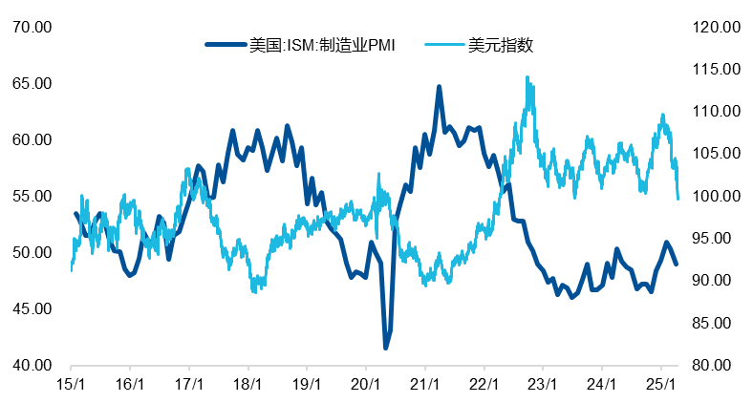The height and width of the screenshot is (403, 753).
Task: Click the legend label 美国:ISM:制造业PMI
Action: (x=322, y=44)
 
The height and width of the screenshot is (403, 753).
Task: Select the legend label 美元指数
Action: (x=500, y=44)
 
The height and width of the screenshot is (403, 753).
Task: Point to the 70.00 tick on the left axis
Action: (x=31, y=27)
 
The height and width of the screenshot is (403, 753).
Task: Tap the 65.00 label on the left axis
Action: (x=31, y=83)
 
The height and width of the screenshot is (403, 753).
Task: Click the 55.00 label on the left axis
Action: (x=31, y=196)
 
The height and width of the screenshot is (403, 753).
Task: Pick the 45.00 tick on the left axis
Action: (x=31, y=308)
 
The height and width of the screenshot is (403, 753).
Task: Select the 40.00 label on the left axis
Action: (x=31, y=365)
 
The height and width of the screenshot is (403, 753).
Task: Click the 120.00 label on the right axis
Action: (x=712, y=27)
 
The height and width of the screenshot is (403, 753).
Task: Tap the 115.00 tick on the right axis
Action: (x=712, y=69)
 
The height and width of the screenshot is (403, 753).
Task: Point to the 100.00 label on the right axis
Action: (x=712, y=196)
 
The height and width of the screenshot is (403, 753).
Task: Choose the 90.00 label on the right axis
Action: (x=712, y=281)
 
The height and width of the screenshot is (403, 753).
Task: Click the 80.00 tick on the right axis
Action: (x=712, y=365)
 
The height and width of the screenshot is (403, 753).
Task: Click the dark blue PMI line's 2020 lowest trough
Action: (x=386, y=348)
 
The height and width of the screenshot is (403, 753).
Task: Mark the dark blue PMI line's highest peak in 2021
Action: (x=440, y=87)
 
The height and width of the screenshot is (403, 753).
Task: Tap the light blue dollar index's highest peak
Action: (x=527, y=78)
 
